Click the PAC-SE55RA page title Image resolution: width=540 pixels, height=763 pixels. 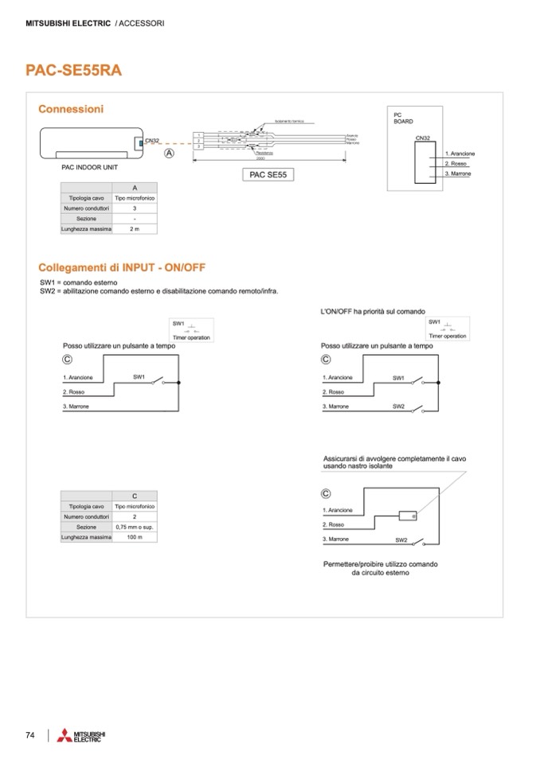coord(73,69)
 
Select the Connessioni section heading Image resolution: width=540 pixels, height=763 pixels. coord(71,108)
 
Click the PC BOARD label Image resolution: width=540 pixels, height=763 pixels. coord(404,119)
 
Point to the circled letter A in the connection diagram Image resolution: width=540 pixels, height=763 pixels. coord(169,153)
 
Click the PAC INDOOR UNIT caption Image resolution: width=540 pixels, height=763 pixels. coord(90,168)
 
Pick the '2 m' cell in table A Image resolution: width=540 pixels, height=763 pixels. coord(135,228)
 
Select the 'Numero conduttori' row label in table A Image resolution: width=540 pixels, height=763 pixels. coord(86,208)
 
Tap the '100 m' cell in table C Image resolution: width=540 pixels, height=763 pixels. coord(135,537)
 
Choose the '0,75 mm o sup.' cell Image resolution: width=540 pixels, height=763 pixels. coord(135,527)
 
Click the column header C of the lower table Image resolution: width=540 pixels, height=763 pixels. coord(135,496)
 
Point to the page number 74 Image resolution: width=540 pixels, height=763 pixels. coord(30,735)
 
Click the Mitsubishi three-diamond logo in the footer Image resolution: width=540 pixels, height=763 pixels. coord(64,736)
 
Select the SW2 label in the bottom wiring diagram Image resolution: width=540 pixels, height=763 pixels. coord(401,540)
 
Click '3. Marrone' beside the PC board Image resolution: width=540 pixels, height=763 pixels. coord(460,173)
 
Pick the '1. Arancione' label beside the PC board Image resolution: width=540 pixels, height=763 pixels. coord(460,153)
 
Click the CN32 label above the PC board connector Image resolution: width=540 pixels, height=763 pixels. coord(423,138)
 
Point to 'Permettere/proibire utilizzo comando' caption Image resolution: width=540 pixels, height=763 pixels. coord(380,564)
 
